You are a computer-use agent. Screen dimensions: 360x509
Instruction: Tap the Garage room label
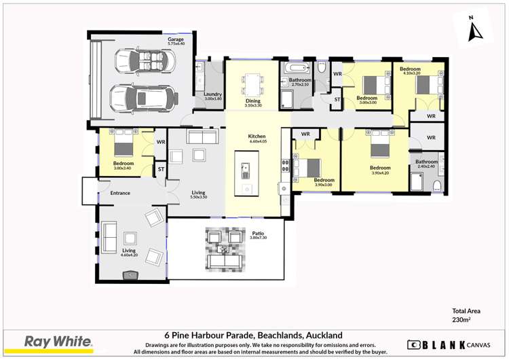[x=176, y=40]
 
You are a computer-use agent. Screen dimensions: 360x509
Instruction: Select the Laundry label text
[x=213, y=94]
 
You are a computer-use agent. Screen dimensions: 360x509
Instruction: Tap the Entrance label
[x=120, y=193]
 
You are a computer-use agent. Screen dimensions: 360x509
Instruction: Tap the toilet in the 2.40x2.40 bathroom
[x=438, y=185]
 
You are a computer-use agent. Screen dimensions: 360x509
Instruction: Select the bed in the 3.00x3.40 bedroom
[x=124, y=146]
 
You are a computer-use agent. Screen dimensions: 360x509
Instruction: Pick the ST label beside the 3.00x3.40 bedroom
[x=161, y=169]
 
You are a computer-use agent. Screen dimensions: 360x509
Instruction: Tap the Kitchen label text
[x=257, y=136]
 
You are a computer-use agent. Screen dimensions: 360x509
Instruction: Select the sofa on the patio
[x=225, y=261]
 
